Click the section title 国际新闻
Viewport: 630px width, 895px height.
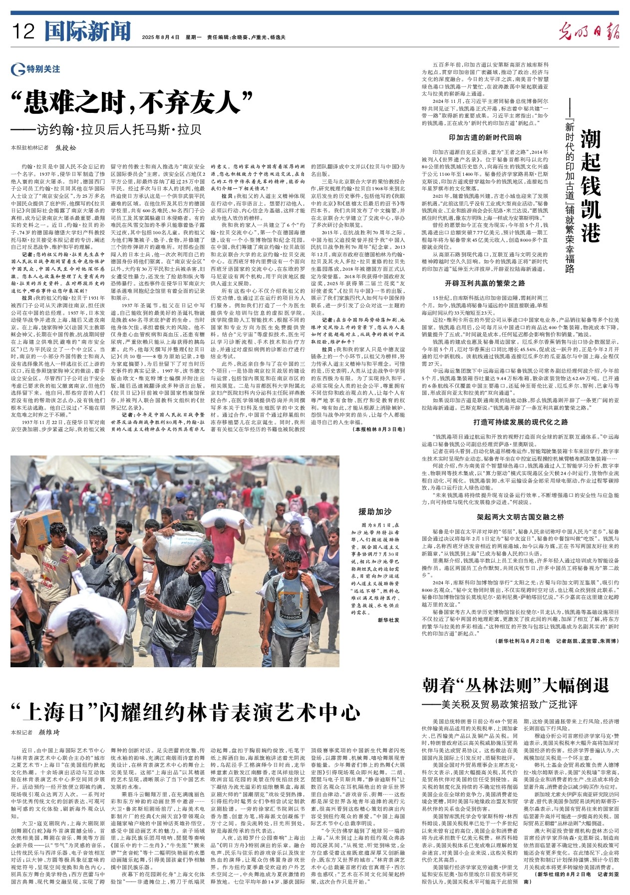88,32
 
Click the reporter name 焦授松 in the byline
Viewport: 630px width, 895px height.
66,148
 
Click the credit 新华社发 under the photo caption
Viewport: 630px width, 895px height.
388,620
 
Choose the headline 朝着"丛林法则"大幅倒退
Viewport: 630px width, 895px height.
515,686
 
